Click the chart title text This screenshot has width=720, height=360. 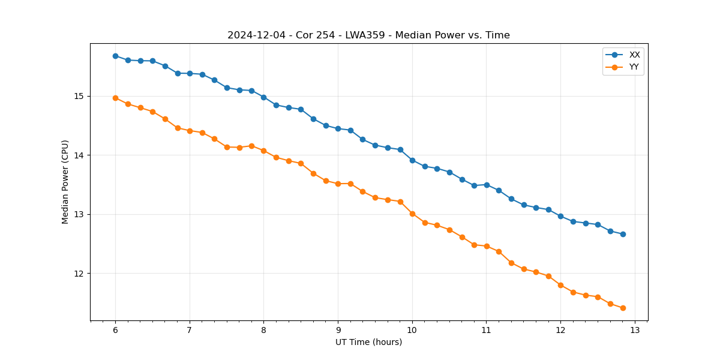[368, 35]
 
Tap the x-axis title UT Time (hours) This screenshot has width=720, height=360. [368, 342]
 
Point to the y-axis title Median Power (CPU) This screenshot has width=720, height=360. [65, 182]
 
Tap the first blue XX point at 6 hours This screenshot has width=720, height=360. [115, 56]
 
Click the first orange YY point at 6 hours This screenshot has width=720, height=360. [115, 98]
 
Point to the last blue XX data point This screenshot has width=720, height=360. [623, 234]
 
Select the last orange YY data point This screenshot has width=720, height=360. [623, 308]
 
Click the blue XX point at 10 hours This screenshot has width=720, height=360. [412, 160]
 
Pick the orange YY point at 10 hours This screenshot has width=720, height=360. [412, 214]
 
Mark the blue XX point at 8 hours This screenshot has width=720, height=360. [263, 97]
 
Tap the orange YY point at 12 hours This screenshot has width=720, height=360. [560, 285]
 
